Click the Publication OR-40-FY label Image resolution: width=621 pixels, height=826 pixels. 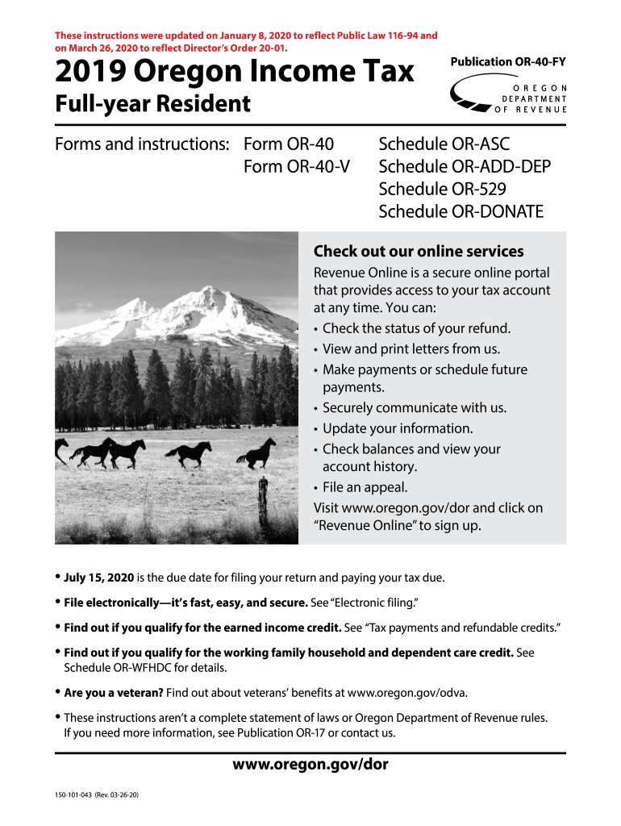click(503, 62)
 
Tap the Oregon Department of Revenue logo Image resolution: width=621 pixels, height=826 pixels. click(509, 98)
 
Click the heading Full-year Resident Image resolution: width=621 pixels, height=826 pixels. click(152, 104)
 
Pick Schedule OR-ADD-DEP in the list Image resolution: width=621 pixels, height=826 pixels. click(465, 167)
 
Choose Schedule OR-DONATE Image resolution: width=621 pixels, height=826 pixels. click(461, 212)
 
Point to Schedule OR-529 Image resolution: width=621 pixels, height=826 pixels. click(443, 190)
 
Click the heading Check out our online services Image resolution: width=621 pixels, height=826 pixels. click(418, 251)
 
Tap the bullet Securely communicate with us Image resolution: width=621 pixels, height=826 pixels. click(414, 407)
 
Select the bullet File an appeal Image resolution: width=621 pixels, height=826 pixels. click(365, 487)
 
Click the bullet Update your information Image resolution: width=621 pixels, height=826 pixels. click(398, 428)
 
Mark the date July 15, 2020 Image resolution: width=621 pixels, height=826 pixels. click(99, 578)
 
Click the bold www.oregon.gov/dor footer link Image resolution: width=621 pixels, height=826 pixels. click(310, 764)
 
